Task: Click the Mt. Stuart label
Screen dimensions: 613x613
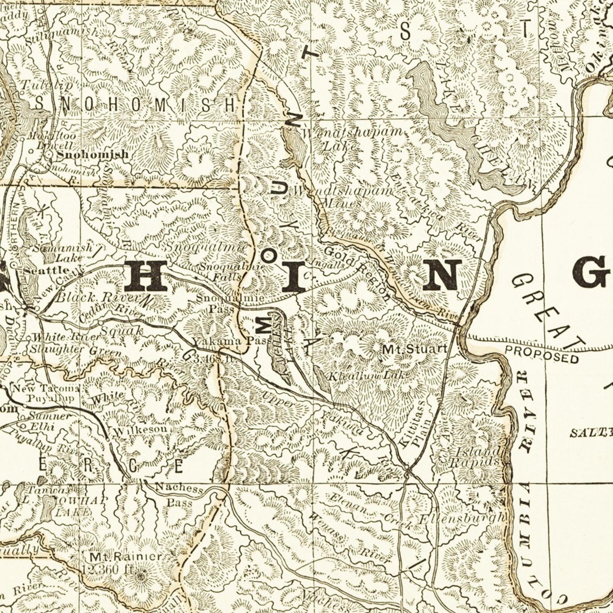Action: coord(414,349)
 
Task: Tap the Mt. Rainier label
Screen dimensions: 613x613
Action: coord(126,556)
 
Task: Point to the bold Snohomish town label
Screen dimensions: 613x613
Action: coord(92,154)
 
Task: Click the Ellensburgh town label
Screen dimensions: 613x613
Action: coord(462,518)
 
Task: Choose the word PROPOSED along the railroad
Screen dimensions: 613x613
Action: coord(542,354)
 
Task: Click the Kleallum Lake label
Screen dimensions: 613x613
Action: coord(368,375)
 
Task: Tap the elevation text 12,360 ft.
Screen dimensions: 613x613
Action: coord(108,570)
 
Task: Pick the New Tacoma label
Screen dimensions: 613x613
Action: coord(45,393)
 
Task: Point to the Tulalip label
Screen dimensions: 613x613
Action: coord(47,84)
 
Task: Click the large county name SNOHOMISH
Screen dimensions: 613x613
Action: coord(136,104)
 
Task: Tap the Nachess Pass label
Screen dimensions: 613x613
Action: coord(179,495)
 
